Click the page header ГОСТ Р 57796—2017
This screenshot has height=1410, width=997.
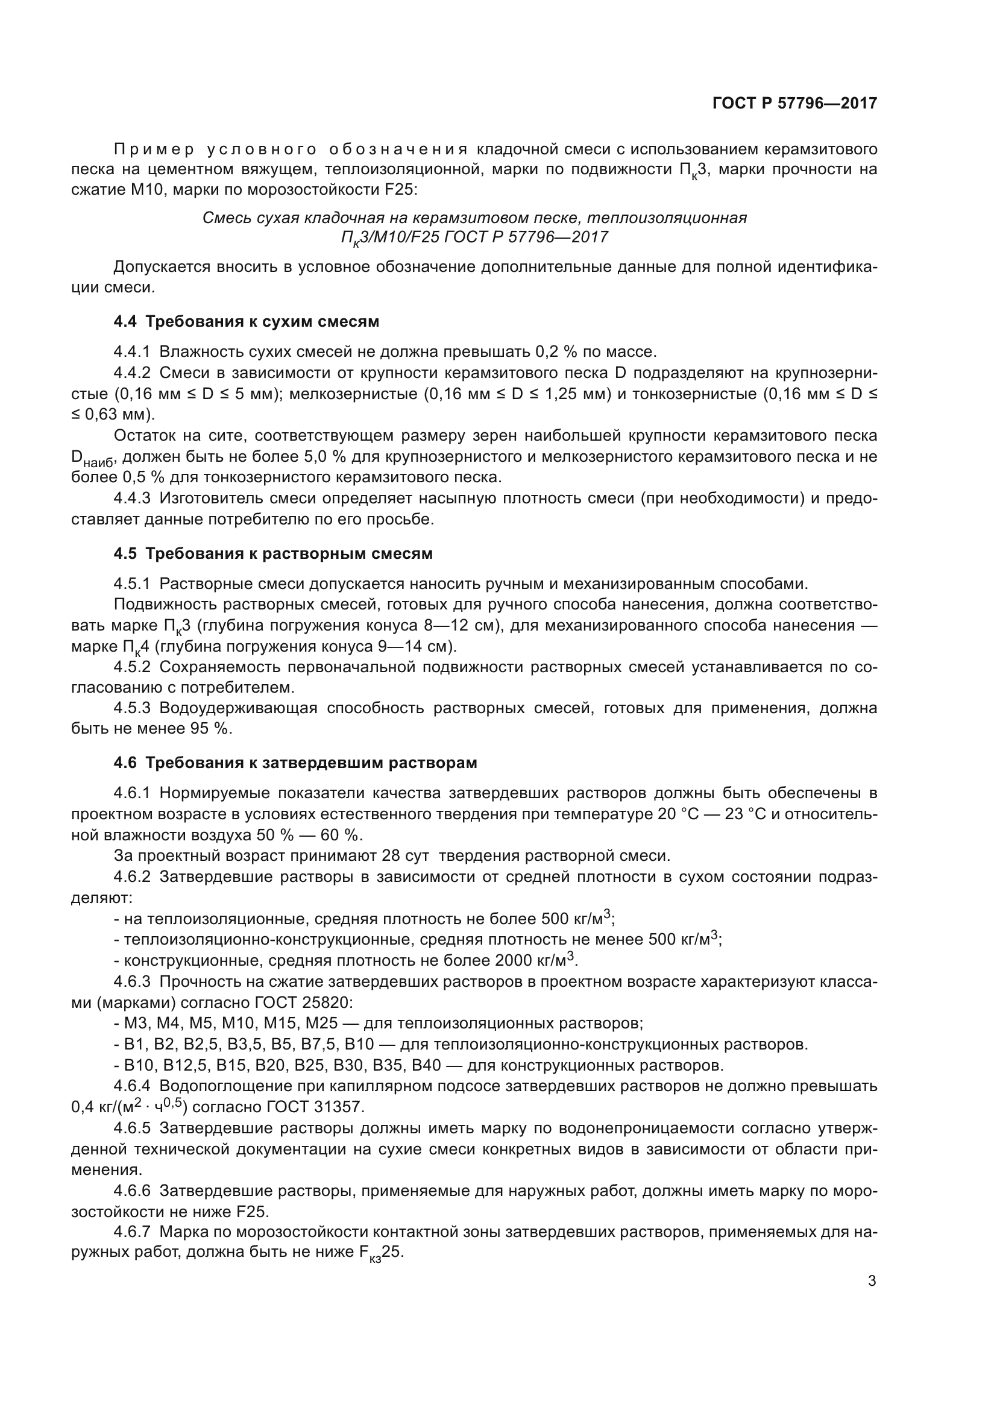(x=794, y=103)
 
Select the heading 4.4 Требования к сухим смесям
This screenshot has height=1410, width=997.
(x=246, y=321)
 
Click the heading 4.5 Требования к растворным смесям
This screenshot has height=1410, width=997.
(x=272, y=553)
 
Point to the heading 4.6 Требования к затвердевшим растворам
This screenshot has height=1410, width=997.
(x=295, y=763)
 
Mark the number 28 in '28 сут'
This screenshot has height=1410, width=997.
(x=391, y=855)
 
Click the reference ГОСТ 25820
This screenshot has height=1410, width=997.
(x=303, y=1002)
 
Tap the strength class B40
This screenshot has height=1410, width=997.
(x=427, y=1065)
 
